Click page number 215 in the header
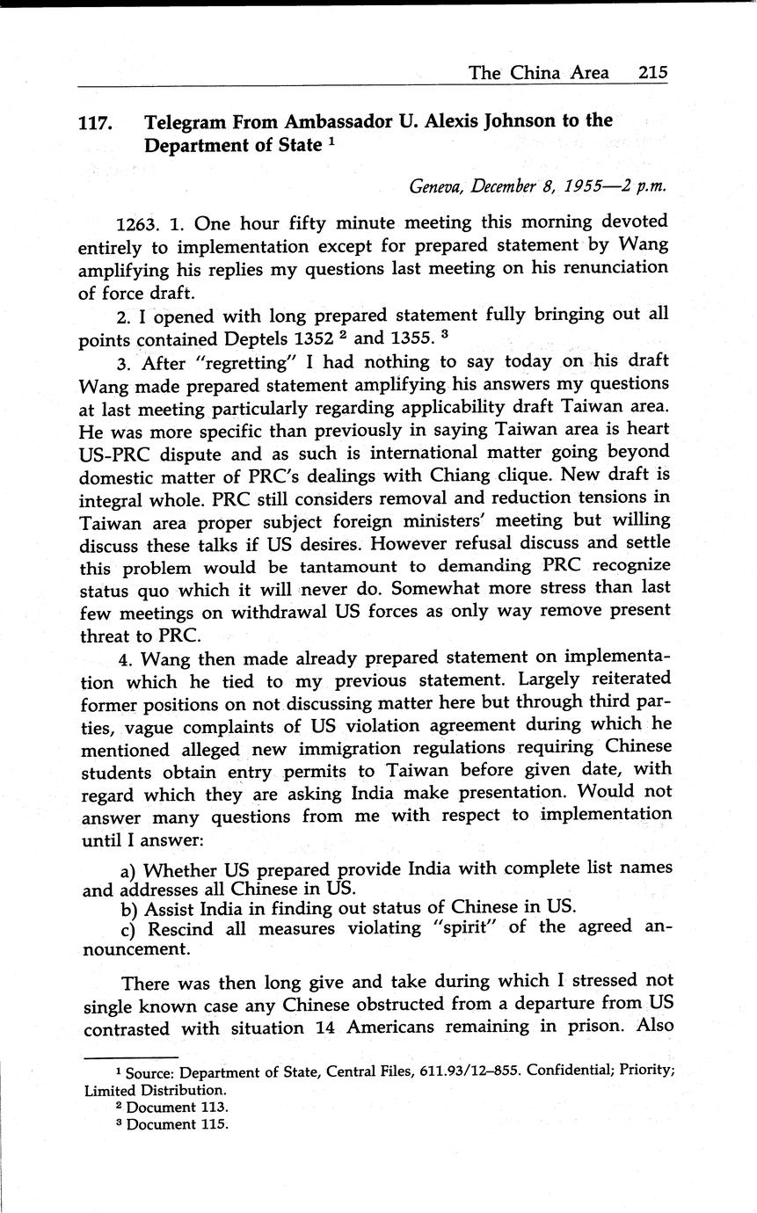click(x=652, y=73)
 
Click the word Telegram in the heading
click(x=185, y=121)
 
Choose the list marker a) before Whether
click(x=128, y=870)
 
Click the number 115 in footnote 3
click(x=214, y=1124)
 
